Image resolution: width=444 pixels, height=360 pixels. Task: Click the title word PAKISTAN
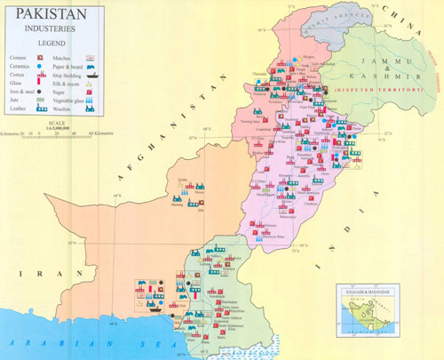coord(50,14)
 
